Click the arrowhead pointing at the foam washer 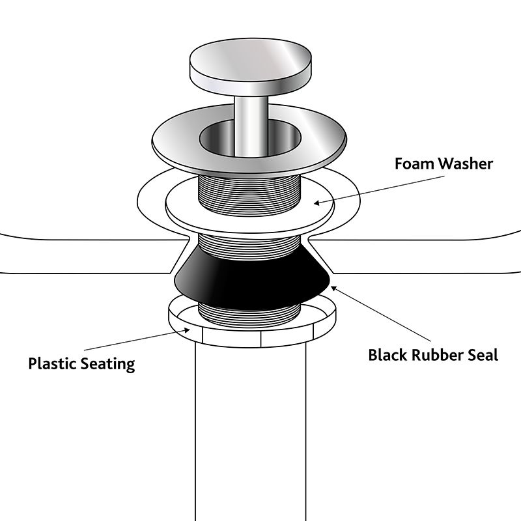coord(317,203)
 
